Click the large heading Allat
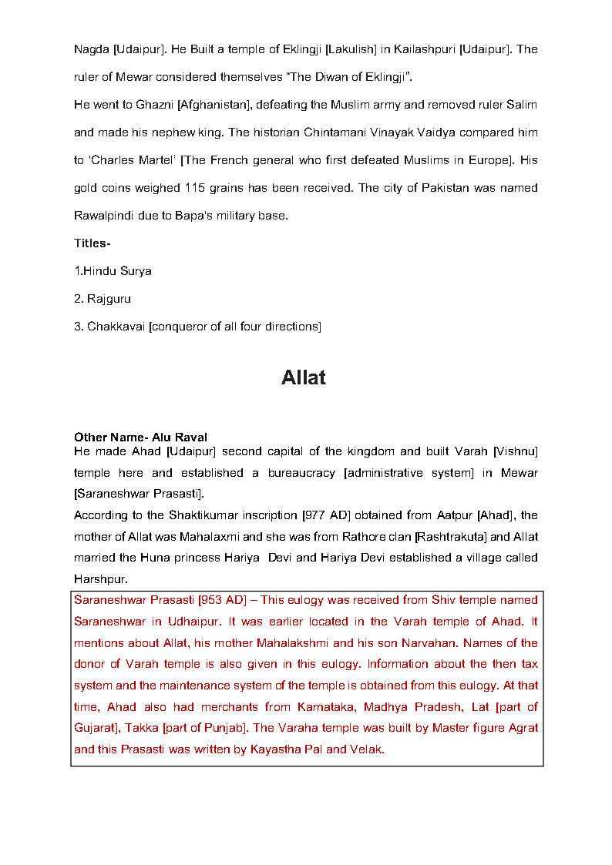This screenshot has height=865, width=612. click(x=304, y=377)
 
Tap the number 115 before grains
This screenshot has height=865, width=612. click(x=194, y=188)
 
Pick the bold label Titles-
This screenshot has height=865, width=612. click(x=92, y=243)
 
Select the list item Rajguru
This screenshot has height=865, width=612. click(x=109, y=299)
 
